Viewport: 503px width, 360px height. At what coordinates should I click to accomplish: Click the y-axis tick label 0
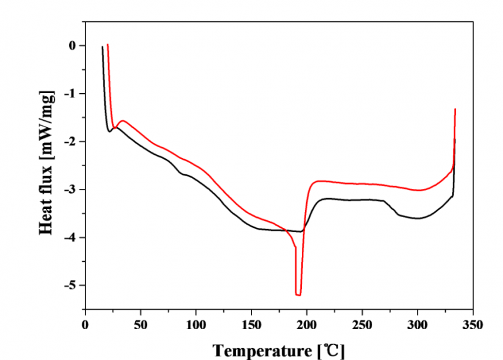[73, 46]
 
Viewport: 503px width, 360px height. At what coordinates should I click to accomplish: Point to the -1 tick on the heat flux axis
[70, 94]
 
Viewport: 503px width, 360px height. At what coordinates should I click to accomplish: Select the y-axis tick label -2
[70, 142]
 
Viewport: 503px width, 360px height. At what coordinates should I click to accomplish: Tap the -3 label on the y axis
[70, 189]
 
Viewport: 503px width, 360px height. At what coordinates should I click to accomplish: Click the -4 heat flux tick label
[70, 237]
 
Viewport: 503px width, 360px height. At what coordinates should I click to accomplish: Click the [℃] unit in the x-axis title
[332, 349]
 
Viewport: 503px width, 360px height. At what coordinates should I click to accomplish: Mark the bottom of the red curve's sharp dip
[298, 295]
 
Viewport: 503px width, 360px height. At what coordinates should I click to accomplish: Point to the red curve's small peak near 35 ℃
[123, 121]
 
